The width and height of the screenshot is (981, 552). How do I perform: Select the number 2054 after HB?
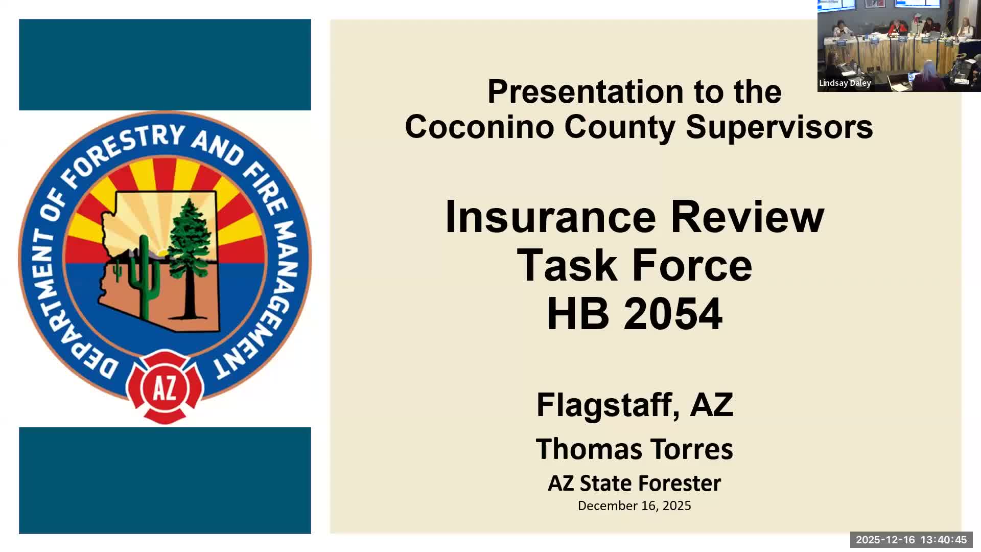pos(673,314)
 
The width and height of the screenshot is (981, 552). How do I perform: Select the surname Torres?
pos(692,449)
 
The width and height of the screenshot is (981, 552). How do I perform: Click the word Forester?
pos(679,483)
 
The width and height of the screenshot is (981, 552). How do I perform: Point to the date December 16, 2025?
pos(634,505)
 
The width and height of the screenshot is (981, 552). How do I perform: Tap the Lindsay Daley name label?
pos(845,83)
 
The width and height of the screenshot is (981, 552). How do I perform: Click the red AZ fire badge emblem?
pos(165,387)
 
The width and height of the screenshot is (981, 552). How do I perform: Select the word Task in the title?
pos(567,266)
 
